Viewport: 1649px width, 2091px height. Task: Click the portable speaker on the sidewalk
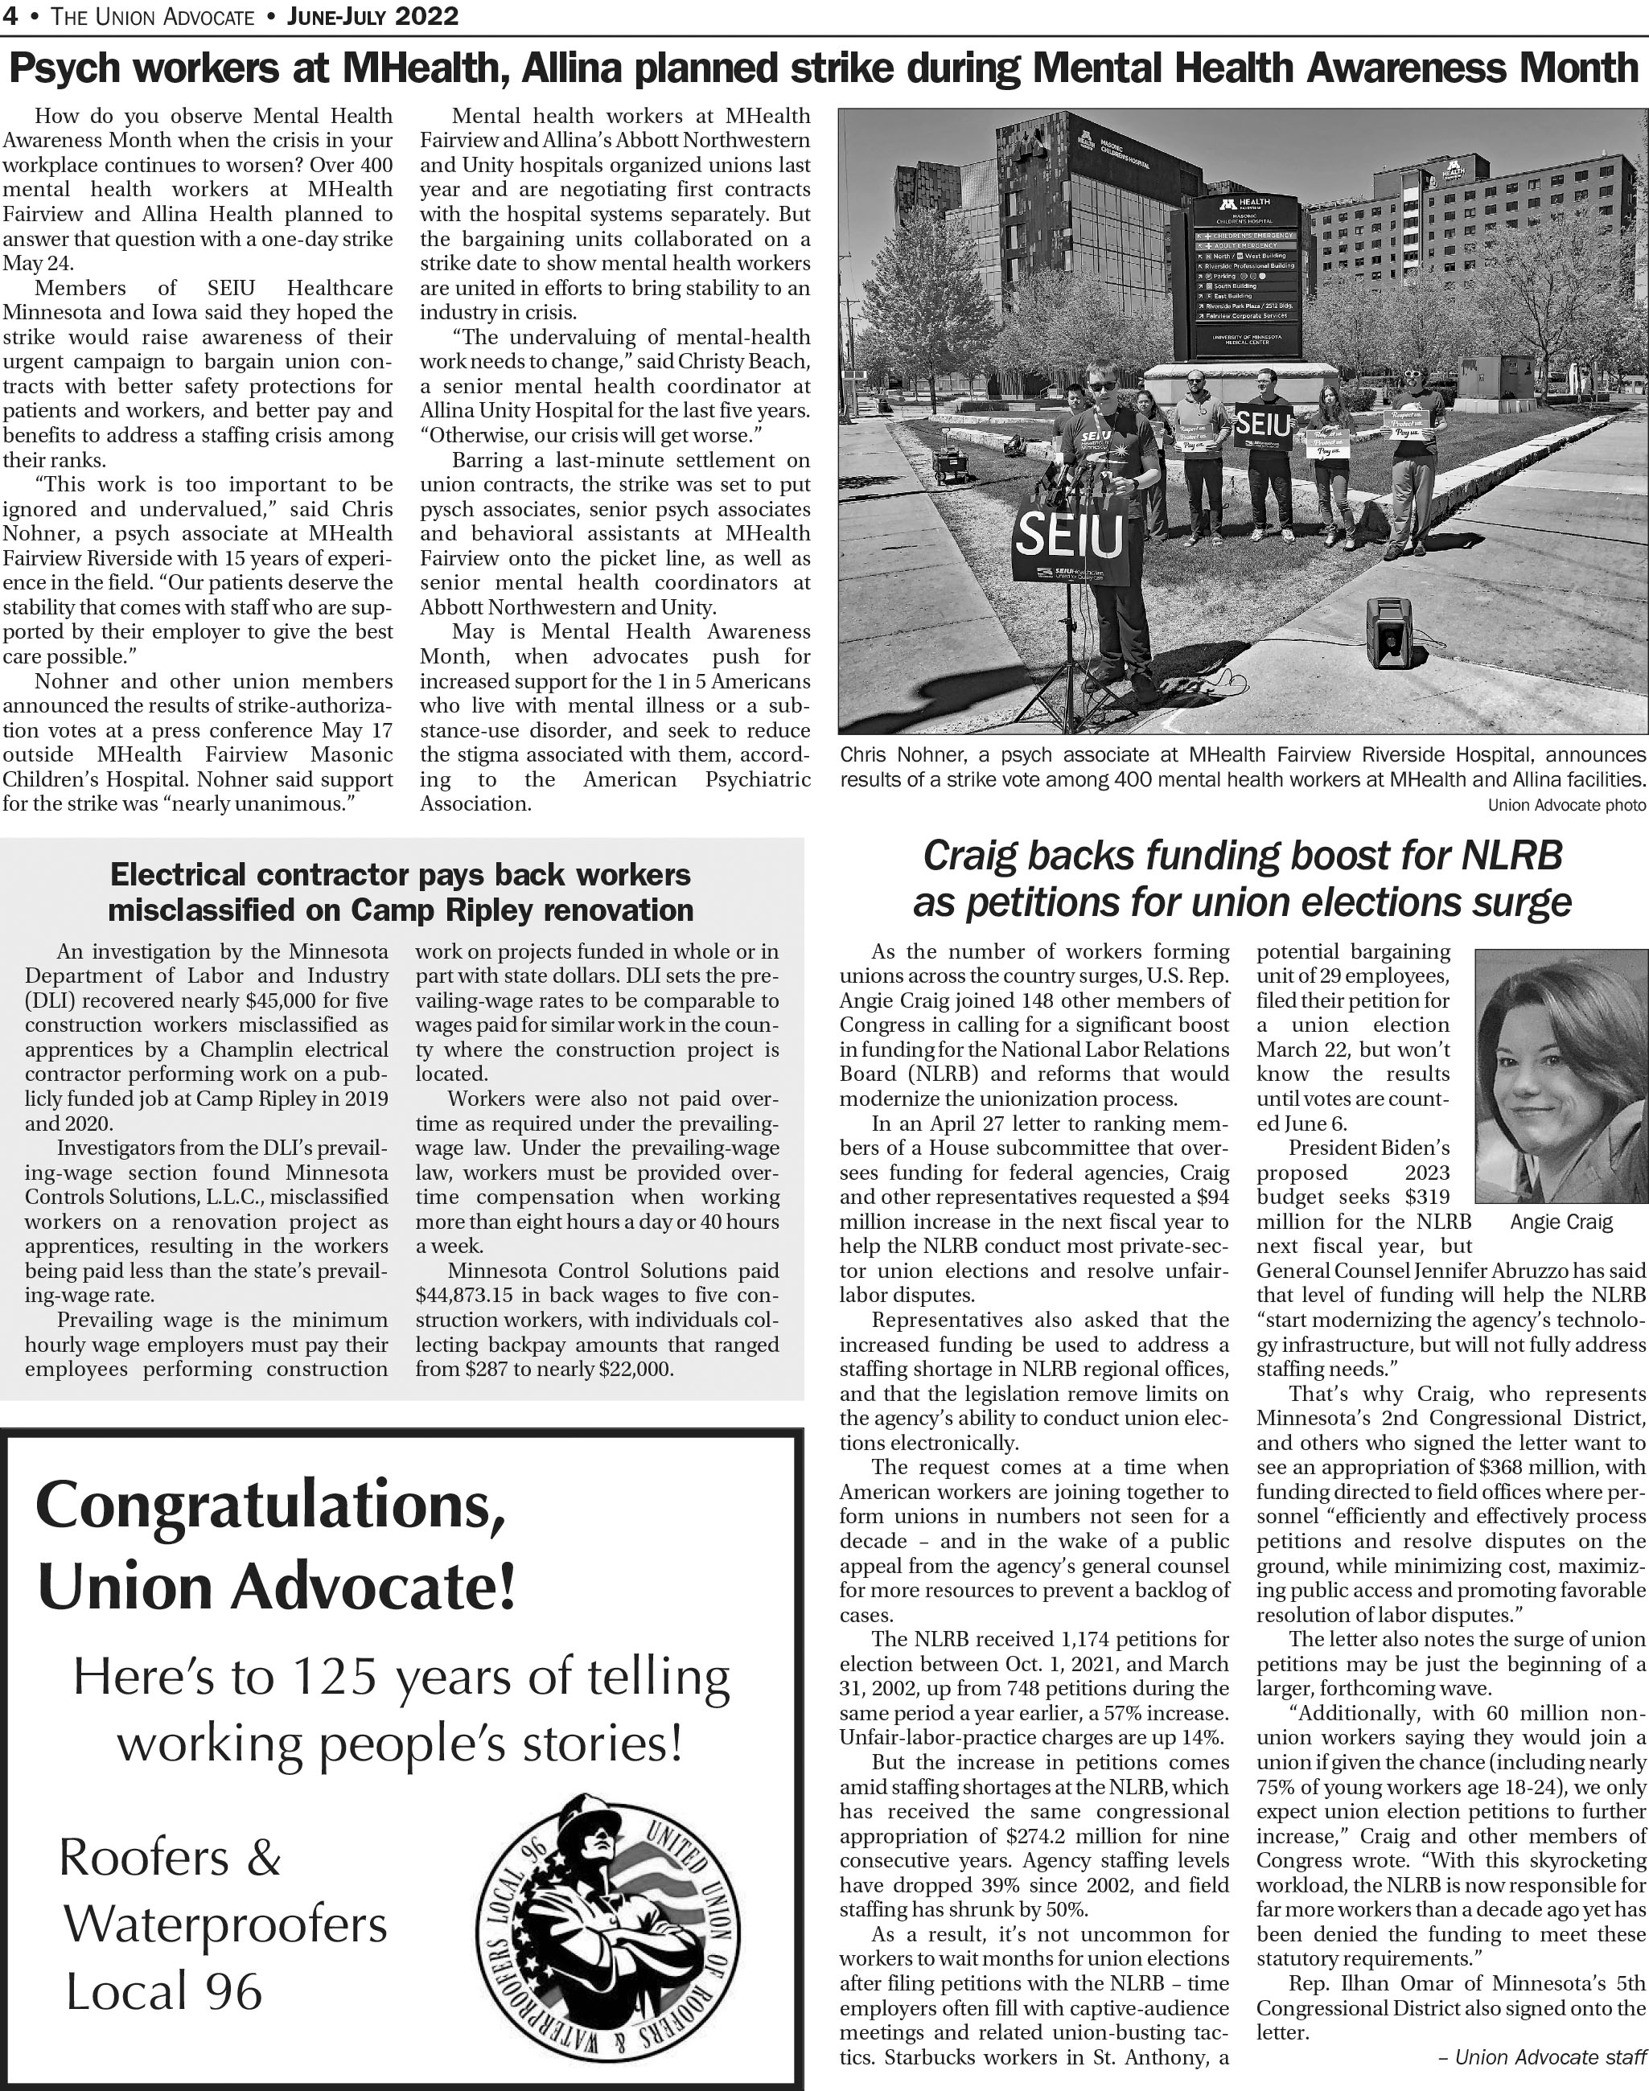(x=1390, y=632)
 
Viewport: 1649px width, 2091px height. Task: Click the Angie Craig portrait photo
(x=1561, y=1076)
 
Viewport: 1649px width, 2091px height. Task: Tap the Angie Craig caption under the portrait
(x=1561, y=1222)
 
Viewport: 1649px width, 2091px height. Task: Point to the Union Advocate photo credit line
(x=1566, y=805)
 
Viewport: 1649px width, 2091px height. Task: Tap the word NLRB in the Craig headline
(x=1510, y=857)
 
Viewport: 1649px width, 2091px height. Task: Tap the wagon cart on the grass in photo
(x=952, y=466)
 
